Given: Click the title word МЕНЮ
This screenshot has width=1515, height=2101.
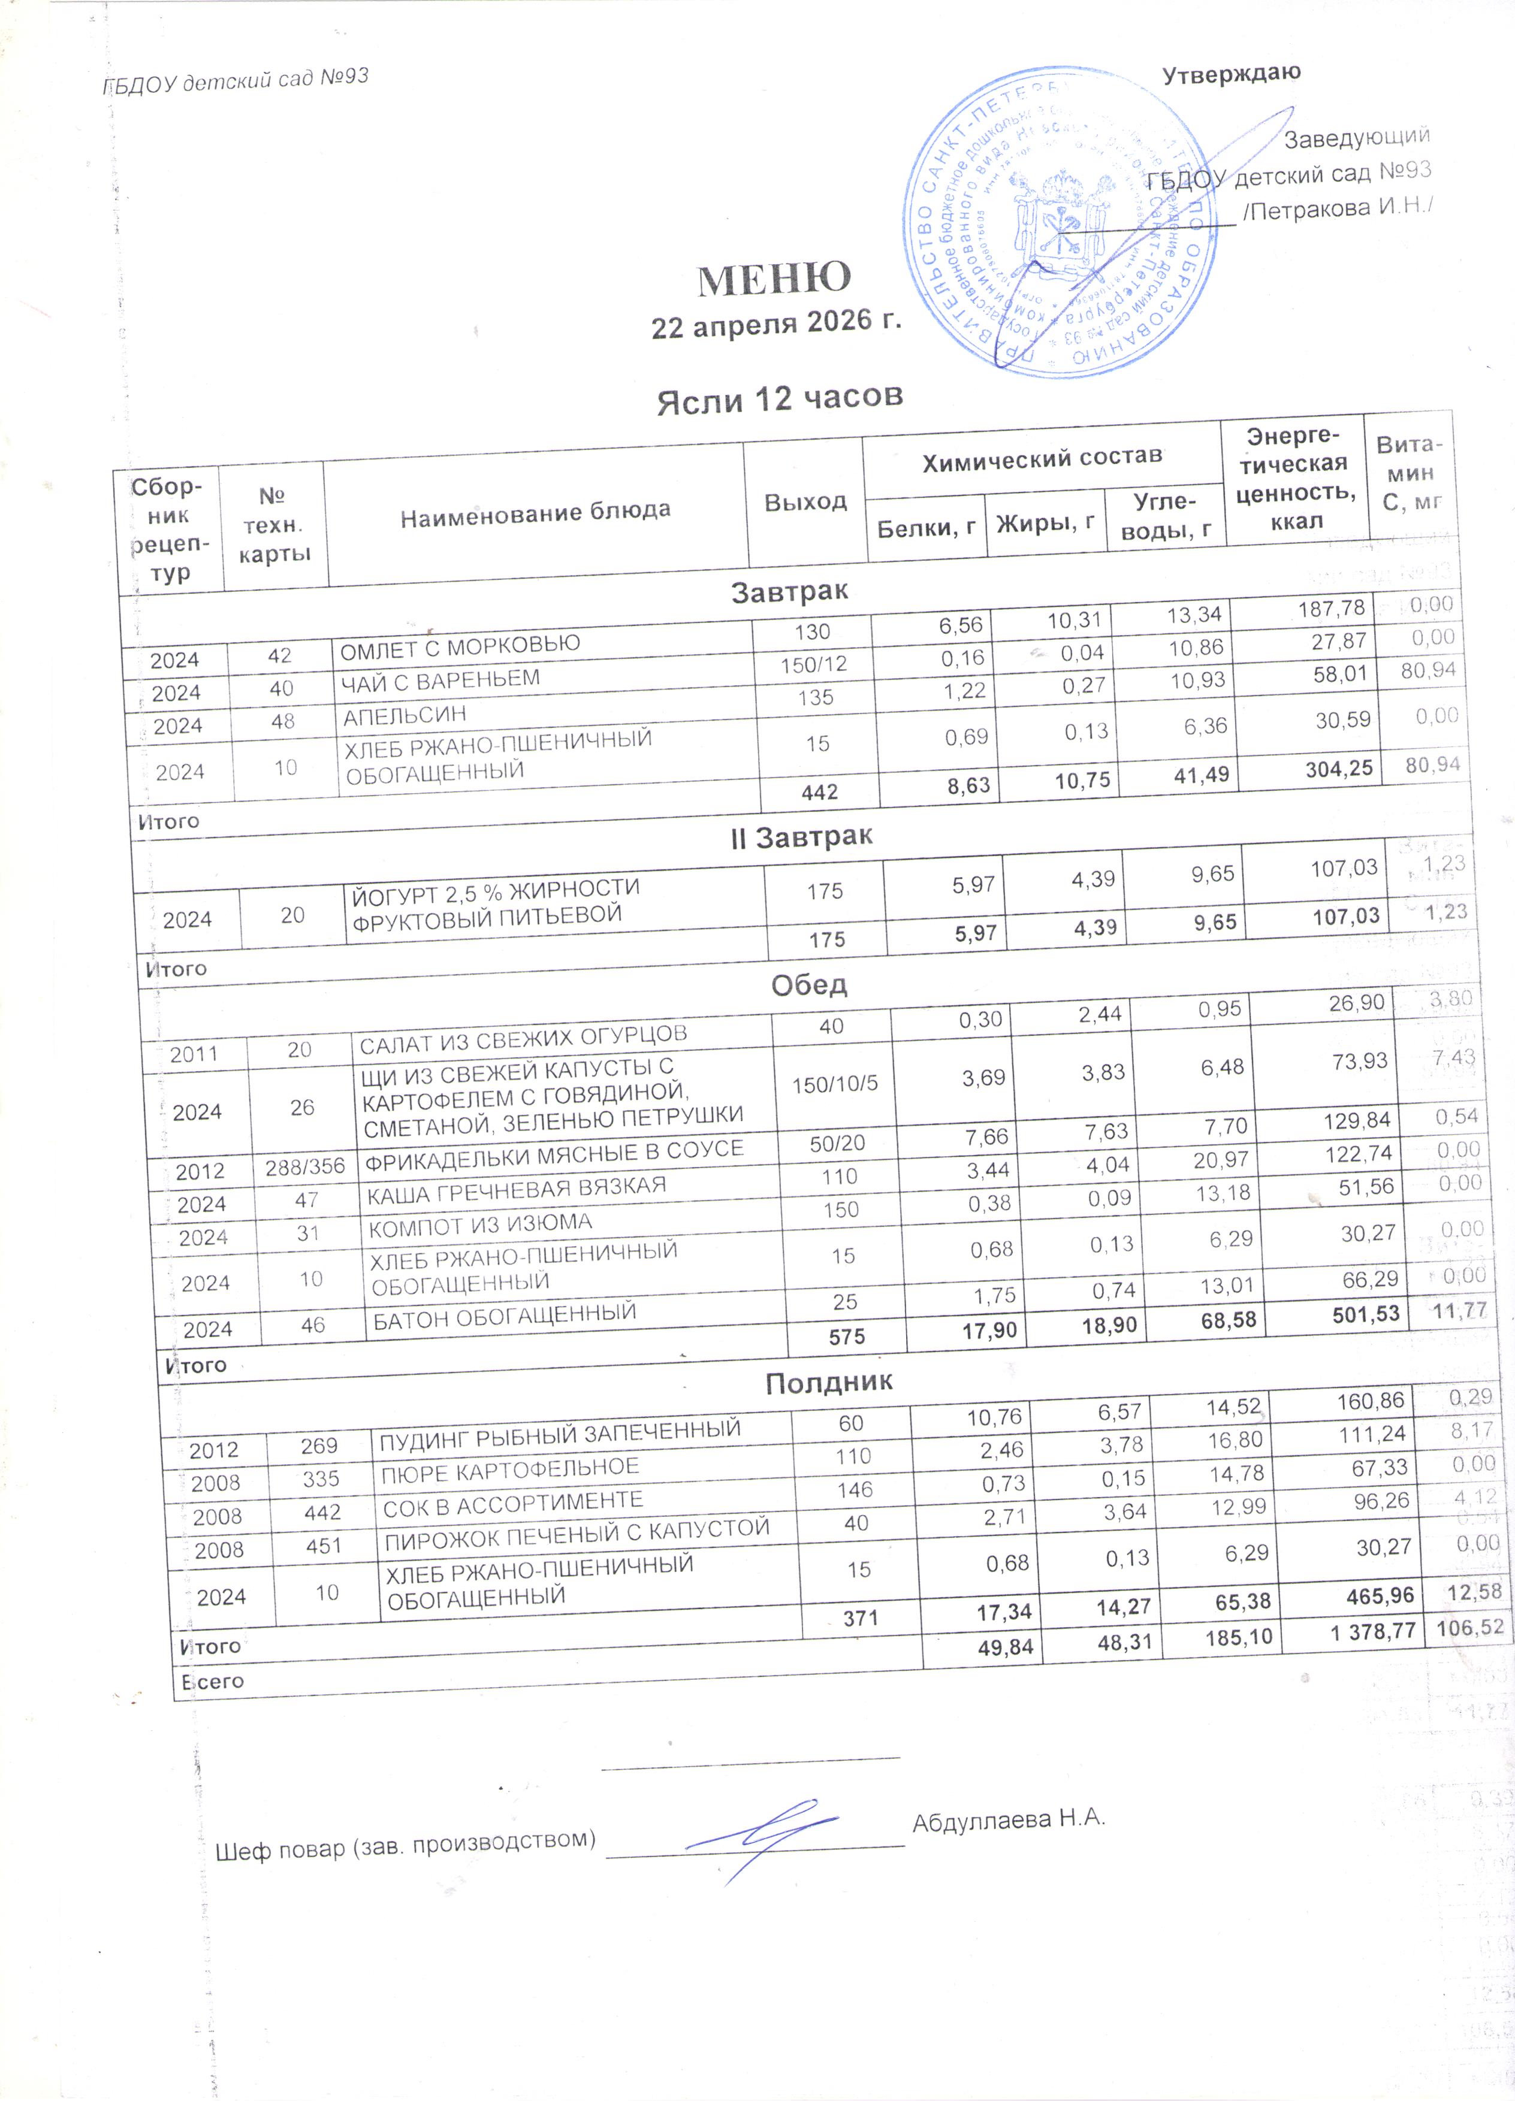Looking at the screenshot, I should [x=774, y=278].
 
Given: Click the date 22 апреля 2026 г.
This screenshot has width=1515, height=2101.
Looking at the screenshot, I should [x=775, y=324].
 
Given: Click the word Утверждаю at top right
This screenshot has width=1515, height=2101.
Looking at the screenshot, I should [x=1232, y=73].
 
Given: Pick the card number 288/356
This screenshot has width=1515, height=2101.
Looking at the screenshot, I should [x=305, y=1166].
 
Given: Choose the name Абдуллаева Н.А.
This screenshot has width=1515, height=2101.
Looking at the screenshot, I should [x=1009, y=1818].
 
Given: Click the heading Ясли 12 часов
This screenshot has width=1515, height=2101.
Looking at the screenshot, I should [x=779, y=399].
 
